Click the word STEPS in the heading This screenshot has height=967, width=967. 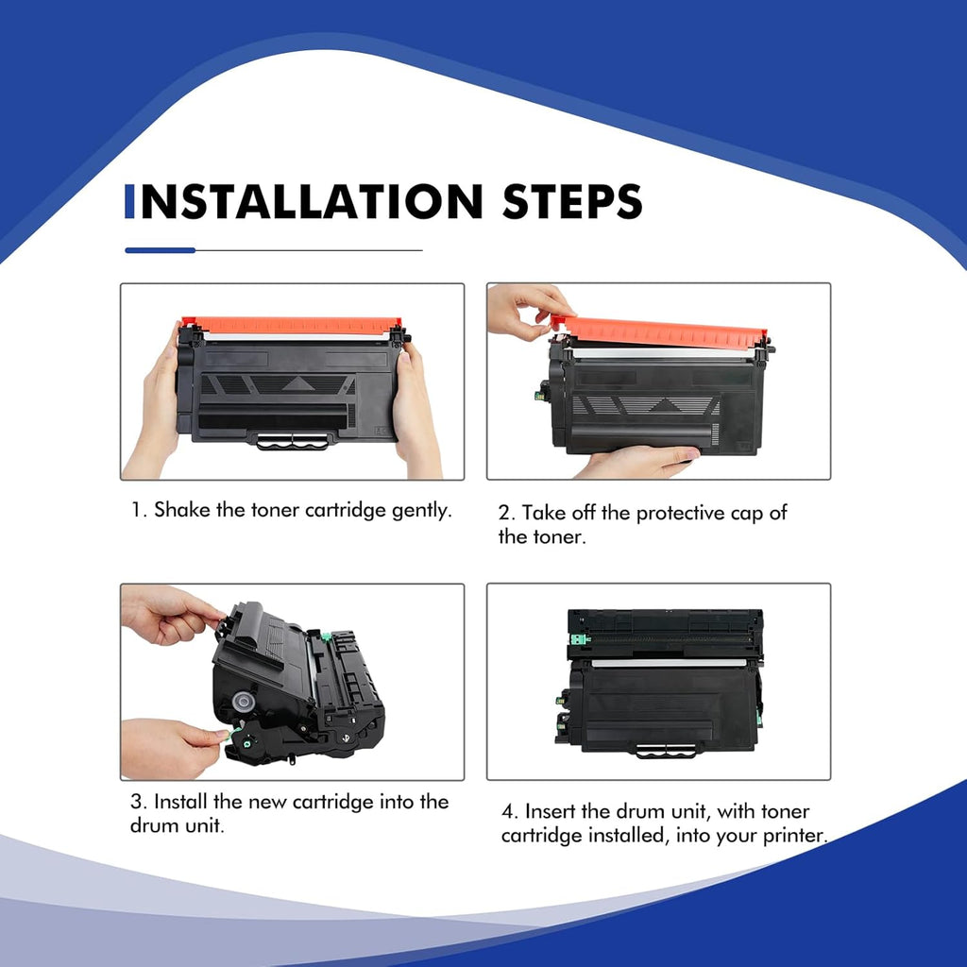coord(572,201)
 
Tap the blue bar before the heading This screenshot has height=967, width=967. coord(129,201)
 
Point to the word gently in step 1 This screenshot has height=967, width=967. coord(421,511)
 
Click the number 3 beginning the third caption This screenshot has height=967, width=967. coord(136,802)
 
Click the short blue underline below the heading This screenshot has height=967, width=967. coord(160,250)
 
